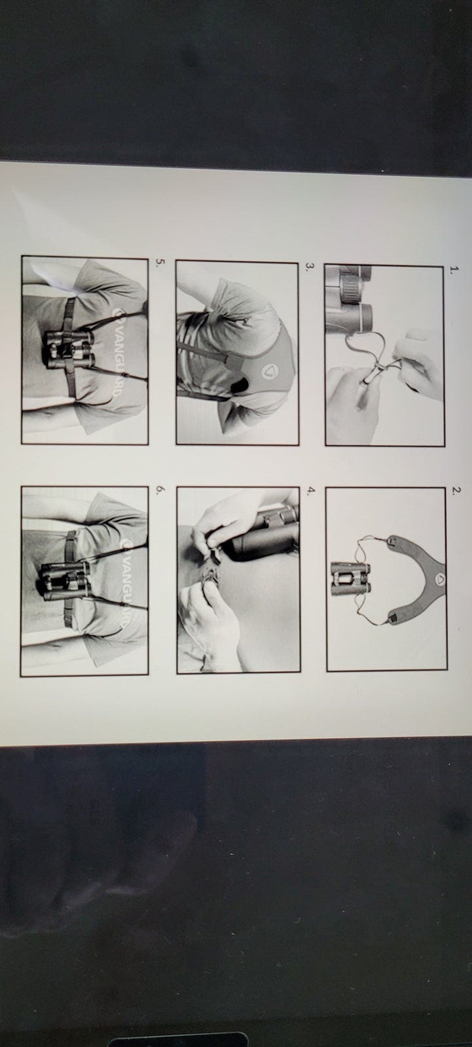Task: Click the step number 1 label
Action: coord(452,269)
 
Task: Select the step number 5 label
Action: coord(158,262)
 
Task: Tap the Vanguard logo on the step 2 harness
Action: coord(440,580)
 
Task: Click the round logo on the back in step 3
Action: coord(268,372)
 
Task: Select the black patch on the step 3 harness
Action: coord(242,386)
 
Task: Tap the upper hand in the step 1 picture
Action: coord(416,364)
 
